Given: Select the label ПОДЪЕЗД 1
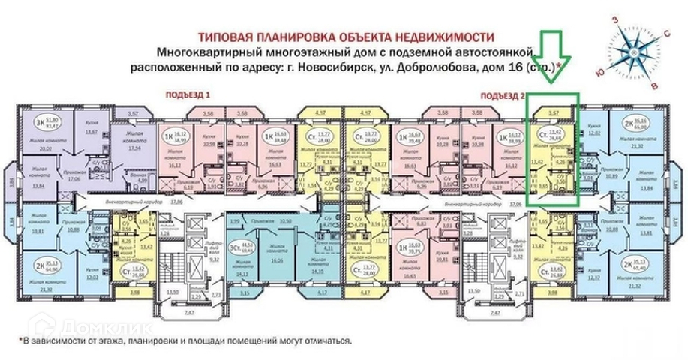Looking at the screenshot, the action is click(x=186, y=95).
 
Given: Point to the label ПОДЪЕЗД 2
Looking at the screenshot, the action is click(x=502, y=95).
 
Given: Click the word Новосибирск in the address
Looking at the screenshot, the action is click(x=331, y=67).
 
